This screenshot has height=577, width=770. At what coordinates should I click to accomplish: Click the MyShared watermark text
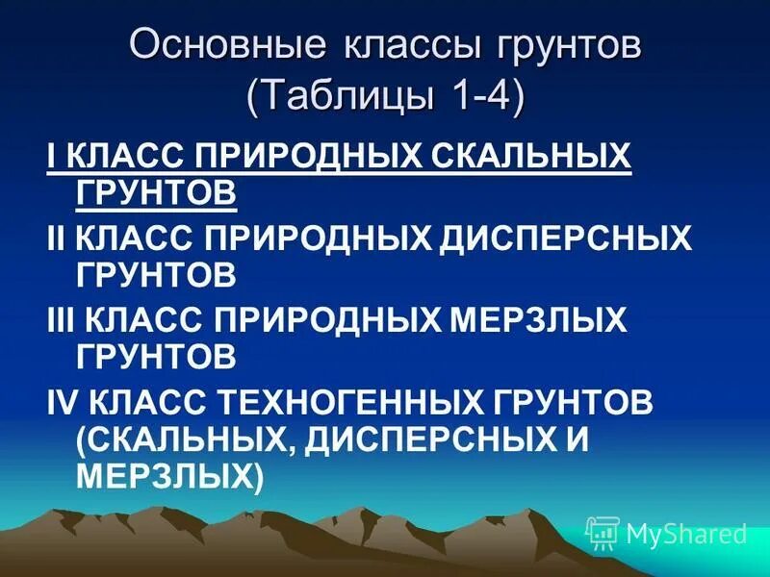pyautogui.click(x=686, y=534)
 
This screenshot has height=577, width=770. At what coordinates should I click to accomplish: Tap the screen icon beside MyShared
pyautogui.click(x=603, y=533)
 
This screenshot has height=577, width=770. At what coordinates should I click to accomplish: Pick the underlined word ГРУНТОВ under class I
pyautogui.click(x=155, y=192)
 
